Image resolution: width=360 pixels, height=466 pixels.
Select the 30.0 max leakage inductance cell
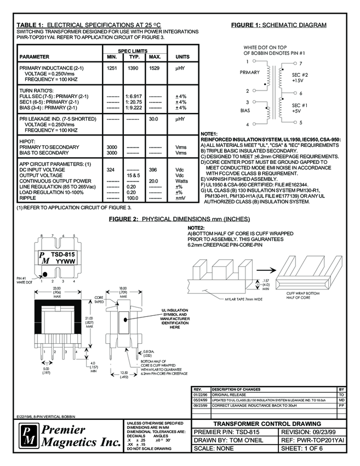point(155,118)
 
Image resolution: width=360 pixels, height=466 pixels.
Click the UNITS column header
point(182,56)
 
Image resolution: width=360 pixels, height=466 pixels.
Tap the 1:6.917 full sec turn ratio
point(134,96)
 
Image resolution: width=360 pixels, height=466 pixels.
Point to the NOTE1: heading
point(209,134)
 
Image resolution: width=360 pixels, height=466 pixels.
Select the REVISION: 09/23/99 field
point(309,432)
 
